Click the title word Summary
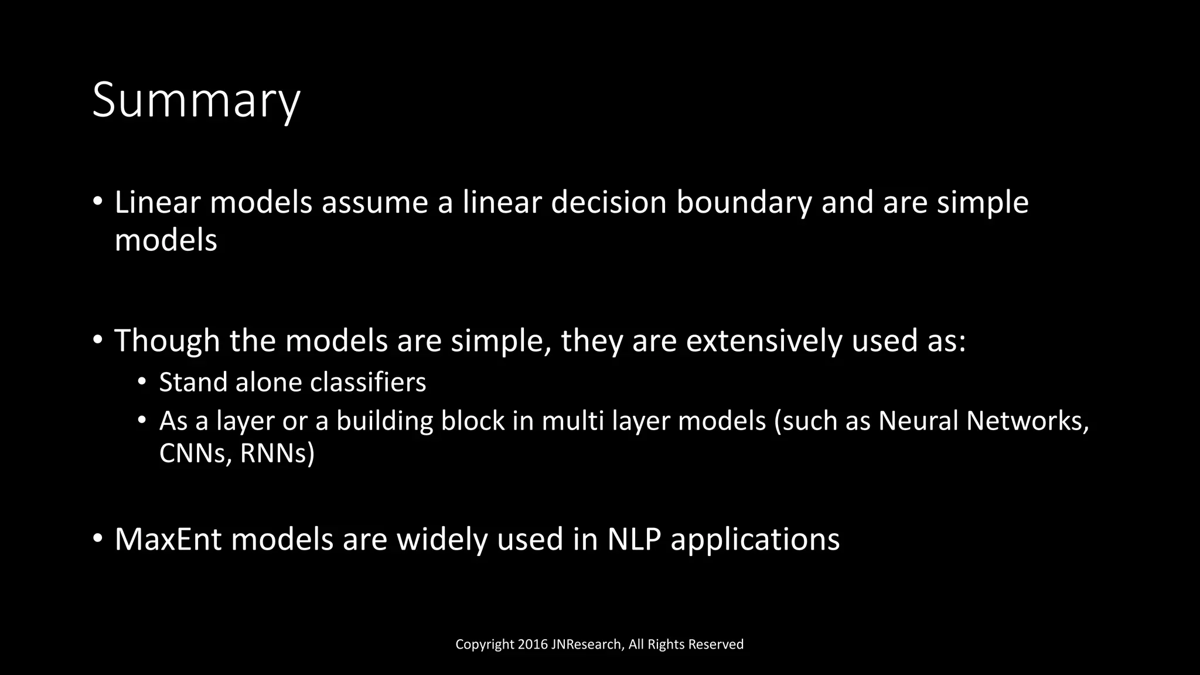coord(196,101)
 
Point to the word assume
coord(387,203)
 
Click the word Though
coord(167,341)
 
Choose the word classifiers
coord(367,383)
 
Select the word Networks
coord(1027,421)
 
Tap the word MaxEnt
coord(168,540)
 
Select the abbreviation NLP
coord(634,540)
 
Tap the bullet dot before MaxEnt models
coord(97,538)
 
